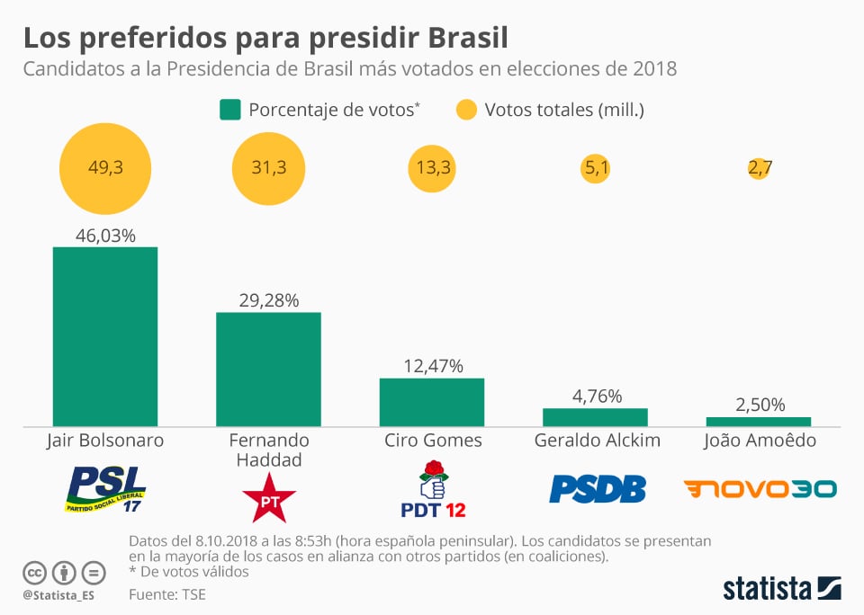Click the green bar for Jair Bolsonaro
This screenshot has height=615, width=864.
(105, 336)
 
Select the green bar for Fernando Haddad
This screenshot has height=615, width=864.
(268, 369)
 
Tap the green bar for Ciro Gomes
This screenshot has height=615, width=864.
(432, 402)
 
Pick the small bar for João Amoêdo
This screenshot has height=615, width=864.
(758, 421)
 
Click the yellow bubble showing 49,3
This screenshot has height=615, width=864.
(105, 168)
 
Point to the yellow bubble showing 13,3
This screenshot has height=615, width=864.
(433, 168)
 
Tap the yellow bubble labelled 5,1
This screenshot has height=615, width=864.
(595, 168)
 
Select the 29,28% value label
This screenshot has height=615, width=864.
(268, 299)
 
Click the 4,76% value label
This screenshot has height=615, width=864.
(595, 396)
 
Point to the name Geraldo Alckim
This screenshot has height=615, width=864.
(597, 441)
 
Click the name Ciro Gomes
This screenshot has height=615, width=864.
(433, 441)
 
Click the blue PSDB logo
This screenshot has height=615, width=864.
(597, 488)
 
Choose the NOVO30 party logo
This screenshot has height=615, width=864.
(760, 488)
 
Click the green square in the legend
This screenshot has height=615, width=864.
(229, 110)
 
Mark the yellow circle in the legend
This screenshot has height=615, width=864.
(465, 110)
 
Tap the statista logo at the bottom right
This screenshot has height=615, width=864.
(781, 589)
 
